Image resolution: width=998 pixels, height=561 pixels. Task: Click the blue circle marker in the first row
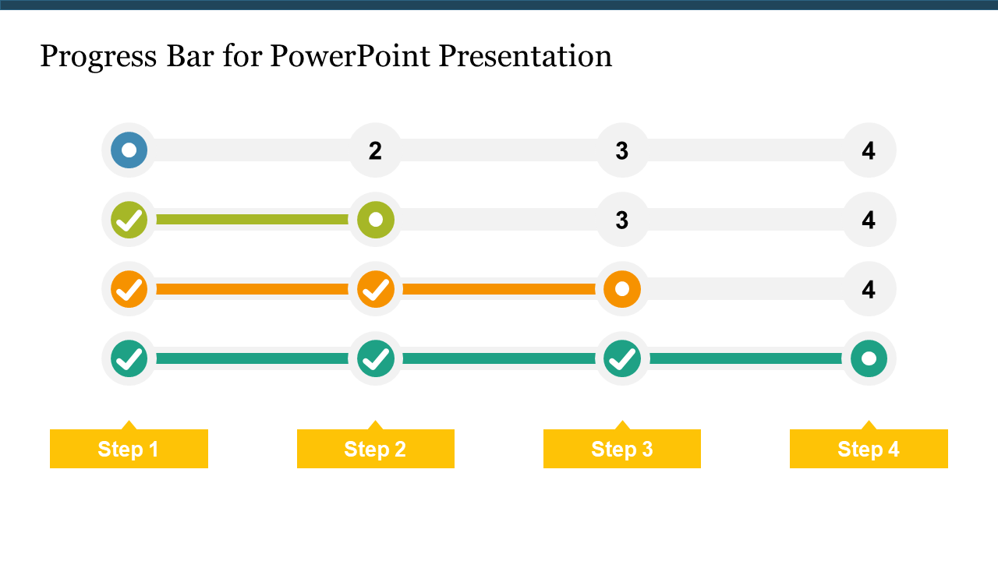[129, 150]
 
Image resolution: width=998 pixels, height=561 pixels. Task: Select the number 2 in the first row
[375, 150]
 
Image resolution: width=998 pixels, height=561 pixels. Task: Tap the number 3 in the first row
[621, 150]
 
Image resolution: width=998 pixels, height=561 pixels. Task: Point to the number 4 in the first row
[869, 150]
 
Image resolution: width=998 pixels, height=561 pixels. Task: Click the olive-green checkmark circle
[129, 220]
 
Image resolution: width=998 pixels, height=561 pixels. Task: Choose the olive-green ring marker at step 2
[375, 220]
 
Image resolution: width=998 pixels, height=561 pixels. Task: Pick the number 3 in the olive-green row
[621, 221]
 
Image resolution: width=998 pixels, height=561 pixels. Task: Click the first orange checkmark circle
[129, 289]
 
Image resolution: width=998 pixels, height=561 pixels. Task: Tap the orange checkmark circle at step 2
[375, 289]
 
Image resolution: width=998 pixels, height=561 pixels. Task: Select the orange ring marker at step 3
[621, 289]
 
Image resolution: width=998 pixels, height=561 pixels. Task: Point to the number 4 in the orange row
[869, 290]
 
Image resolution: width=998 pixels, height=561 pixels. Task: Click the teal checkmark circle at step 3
[621, 358]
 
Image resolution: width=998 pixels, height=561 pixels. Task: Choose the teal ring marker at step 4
[869, 358]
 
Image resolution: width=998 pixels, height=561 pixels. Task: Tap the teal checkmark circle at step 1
[129, 358]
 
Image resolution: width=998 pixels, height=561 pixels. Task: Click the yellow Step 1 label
[129, 449]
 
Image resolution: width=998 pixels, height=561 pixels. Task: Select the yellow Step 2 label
[375, 449]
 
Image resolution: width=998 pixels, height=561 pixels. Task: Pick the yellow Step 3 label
[621, 449]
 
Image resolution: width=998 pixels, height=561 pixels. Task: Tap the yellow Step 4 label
[869, 449]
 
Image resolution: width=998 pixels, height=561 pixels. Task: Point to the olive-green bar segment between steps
[252, 220]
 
